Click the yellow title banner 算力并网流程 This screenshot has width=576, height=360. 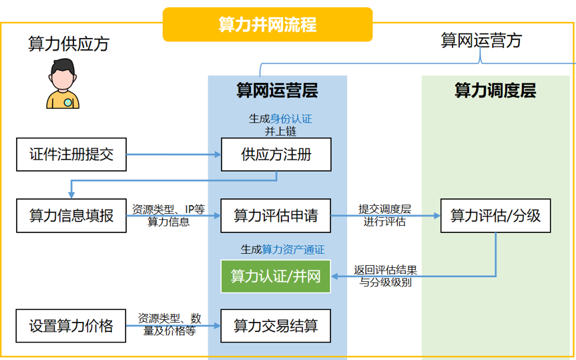click(268, 24)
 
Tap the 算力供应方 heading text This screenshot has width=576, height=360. click(68, 44)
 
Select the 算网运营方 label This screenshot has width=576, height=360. click(481, 40)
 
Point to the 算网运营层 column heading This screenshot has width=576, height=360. click(277, 90)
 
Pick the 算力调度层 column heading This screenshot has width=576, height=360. click(495, 90)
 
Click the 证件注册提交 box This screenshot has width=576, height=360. click(71, 155)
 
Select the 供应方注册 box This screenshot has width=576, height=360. click(276, 155)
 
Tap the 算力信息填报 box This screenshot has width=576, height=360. click(71, 215)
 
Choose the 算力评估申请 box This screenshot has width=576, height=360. click(276, 215)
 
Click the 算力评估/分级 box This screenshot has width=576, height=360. click(495, 215)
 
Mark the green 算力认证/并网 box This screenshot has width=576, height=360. click(276, 276)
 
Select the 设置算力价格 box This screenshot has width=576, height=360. click(71, 326)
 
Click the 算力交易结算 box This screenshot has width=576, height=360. click(276, 326)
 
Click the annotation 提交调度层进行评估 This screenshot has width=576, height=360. click(384, 215)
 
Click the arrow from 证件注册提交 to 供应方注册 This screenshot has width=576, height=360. click(174, 155)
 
